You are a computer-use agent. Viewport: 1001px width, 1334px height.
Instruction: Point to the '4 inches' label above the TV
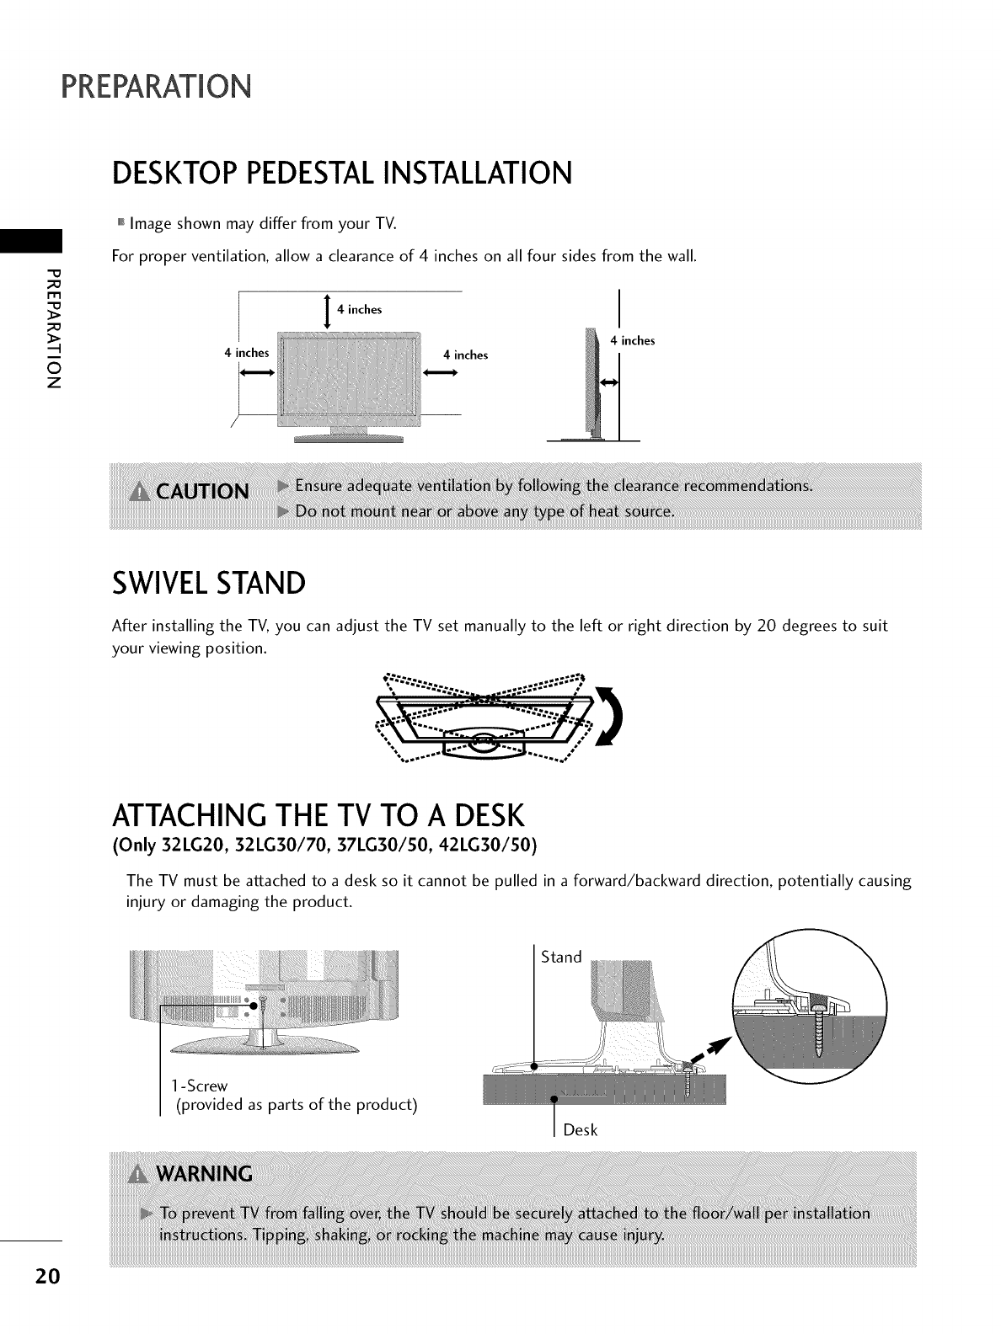point(359,309)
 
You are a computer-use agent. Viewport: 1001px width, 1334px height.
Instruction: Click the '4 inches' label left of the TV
point(246,353)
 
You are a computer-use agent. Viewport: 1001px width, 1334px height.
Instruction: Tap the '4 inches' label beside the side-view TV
point(632,341)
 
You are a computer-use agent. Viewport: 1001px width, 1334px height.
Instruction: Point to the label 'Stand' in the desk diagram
point(561,957)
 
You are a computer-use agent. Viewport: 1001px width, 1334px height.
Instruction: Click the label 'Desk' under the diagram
point(580,1130)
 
